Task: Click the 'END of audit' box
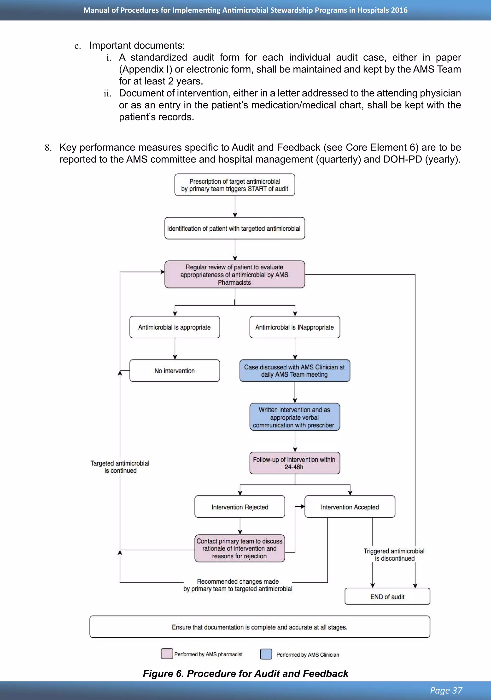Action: coord(387,597)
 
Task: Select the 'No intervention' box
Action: coord(175,371)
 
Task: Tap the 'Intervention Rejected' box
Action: coord(240,507)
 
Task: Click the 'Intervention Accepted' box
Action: coord(350,507)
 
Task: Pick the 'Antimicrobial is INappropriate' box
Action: coord(295,327)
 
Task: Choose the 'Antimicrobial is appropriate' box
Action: coord(175,327)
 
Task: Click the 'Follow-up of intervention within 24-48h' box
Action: coord(295,463)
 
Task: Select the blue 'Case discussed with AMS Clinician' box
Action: coord(295,371)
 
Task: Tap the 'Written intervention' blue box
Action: coord(295,417)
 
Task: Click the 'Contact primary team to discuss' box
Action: coord(240,548)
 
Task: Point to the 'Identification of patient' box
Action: coord(234,228)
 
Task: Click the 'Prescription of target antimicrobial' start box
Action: coord(234,185)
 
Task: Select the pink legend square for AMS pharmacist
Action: coord(167,654)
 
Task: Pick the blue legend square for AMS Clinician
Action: coord(266,654)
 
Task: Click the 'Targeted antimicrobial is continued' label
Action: coord(120,467)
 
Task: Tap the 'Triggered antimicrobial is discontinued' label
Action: coord(394,555)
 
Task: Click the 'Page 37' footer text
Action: coord(446,690)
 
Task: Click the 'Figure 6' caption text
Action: coord(245,673)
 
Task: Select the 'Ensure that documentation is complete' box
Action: coord(259,627)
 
